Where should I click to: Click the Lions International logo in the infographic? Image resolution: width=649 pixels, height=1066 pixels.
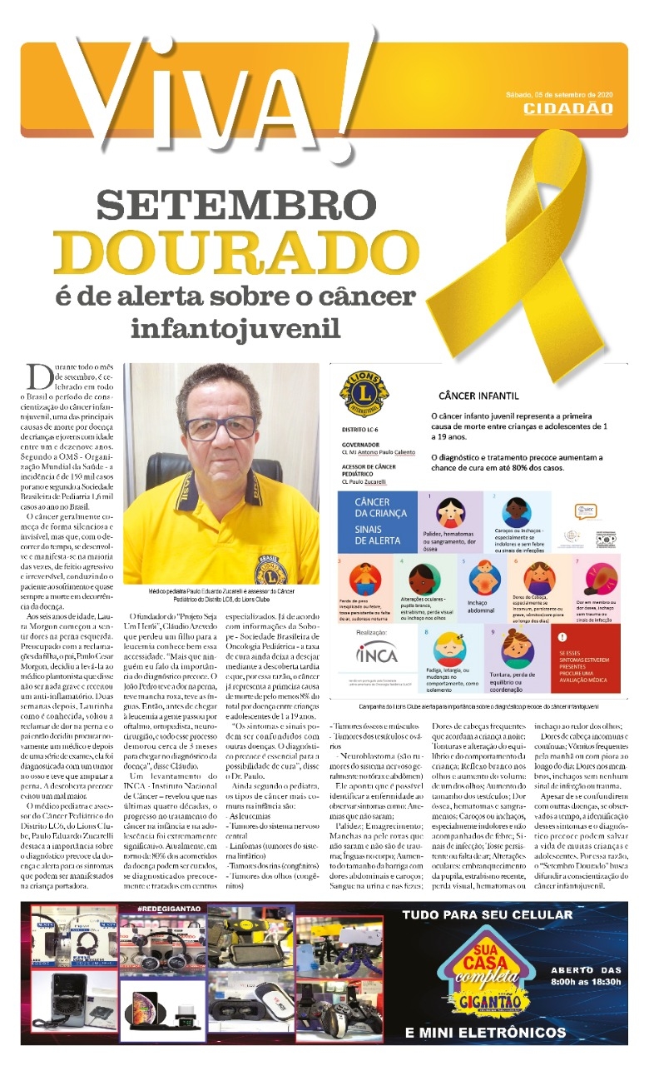tap(360, 401)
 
